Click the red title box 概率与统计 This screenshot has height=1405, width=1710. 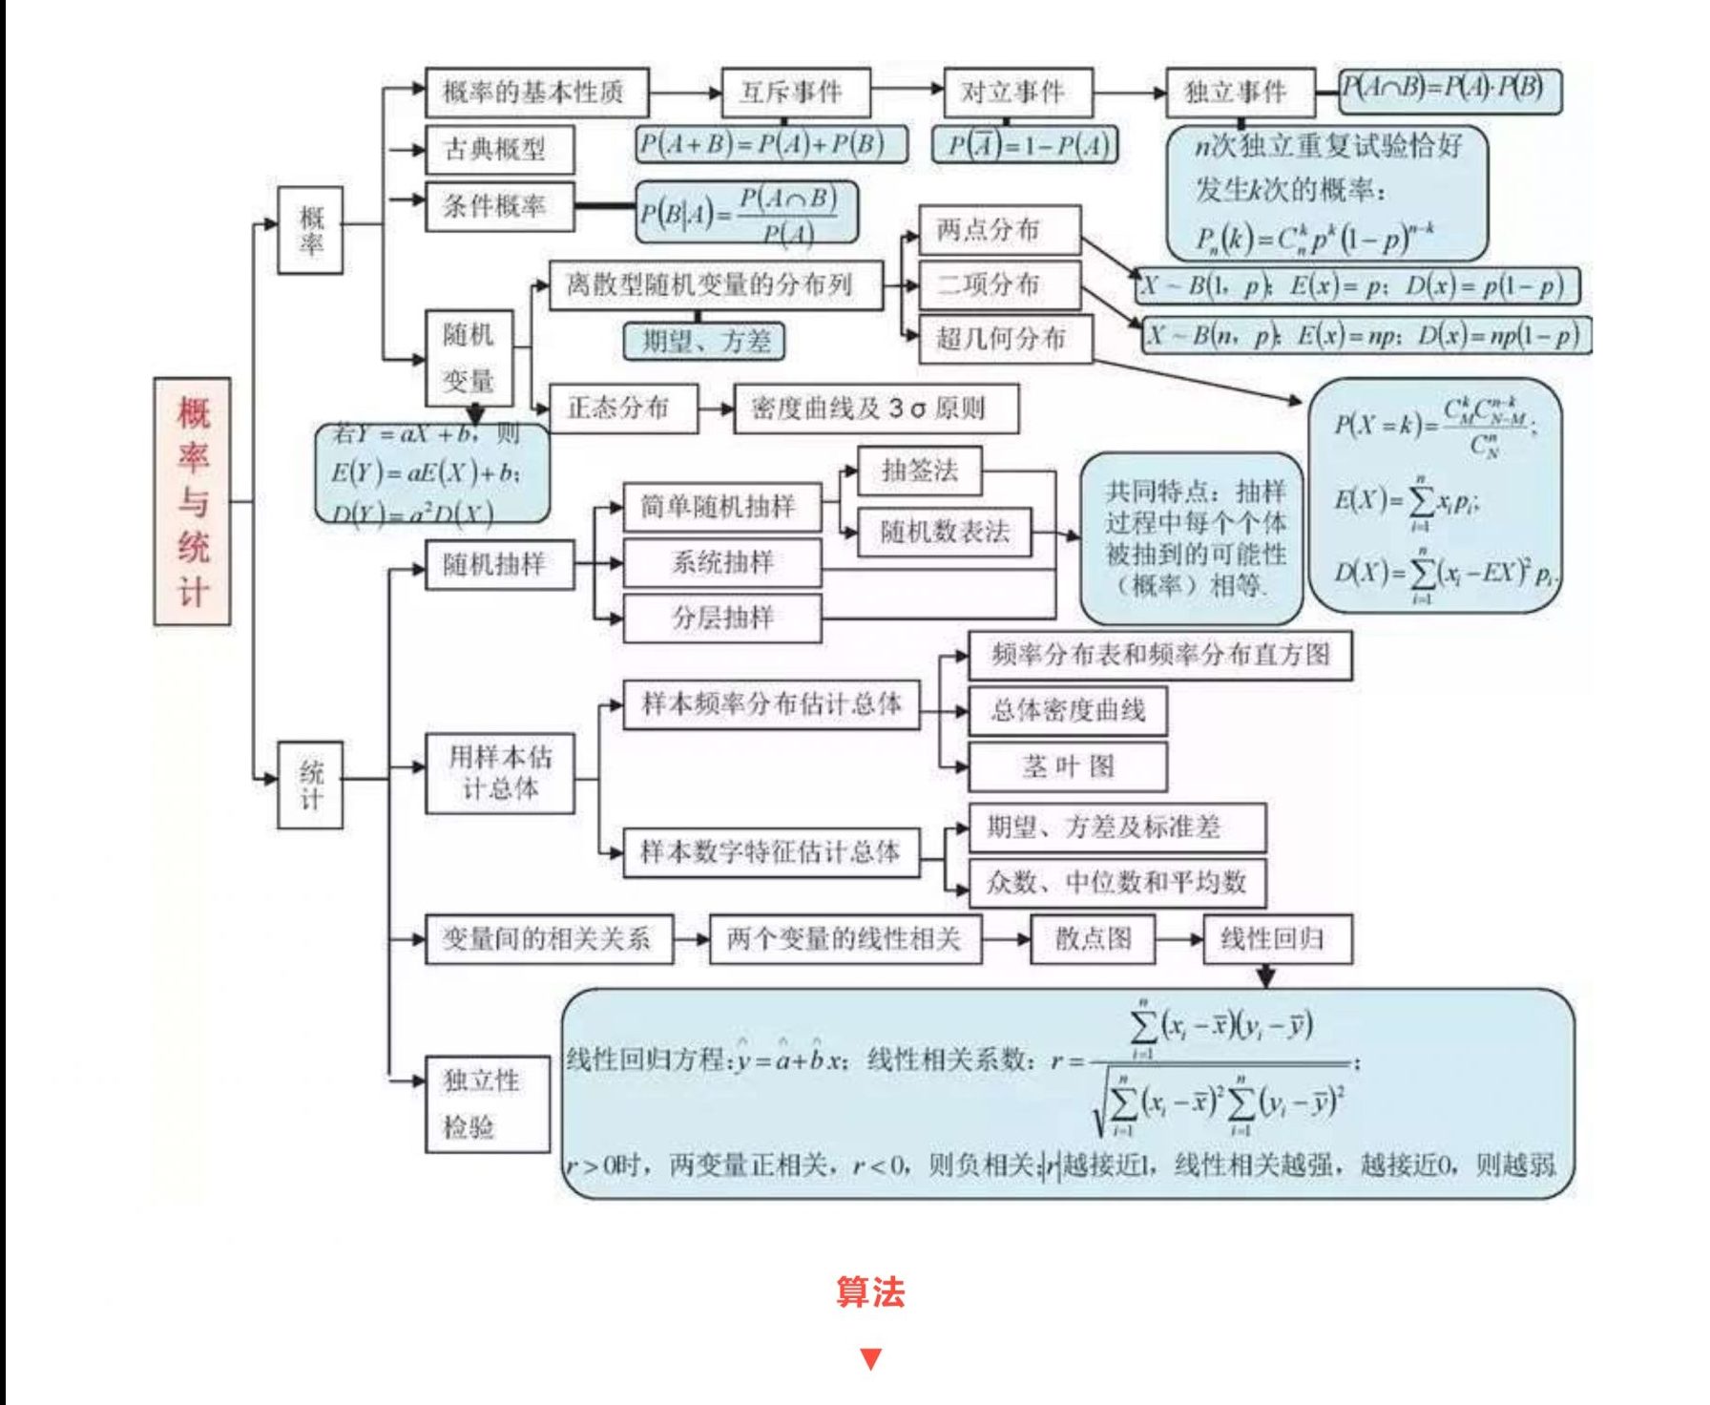click(192, 501)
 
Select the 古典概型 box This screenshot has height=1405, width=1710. click(499, 150)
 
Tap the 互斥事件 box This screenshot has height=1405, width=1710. click(795, 93)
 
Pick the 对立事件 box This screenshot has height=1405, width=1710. click(1017, 93)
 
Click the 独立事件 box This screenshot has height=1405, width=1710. click(1240, 93)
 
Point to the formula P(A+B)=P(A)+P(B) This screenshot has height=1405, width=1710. click(771, 144)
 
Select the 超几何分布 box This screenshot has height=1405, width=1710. click(1005, 339)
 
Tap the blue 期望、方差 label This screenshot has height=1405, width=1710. click(704, 341)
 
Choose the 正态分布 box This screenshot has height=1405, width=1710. click(622, 409)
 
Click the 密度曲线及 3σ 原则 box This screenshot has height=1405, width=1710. click(875, 409)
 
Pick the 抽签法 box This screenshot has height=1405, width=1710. click(919, 471)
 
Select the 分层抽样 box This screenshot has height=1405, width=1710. click(721, 618)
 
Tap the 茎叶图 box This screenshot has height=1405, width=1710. click(1067, 766)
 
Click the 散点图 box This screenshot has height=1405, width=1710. click(1093, 938)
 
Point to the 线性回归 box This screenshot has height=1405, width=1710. click(1277, 938)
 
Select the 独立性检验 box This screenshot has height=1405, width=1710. click(487, 1103)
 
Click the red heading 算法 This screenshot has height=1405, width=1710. click(870, 1292)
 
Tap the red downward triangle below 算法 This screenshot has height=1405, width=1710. click(870, 1358)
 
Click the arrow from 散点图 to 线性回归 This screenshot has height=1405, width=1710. click(1179, 939)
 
